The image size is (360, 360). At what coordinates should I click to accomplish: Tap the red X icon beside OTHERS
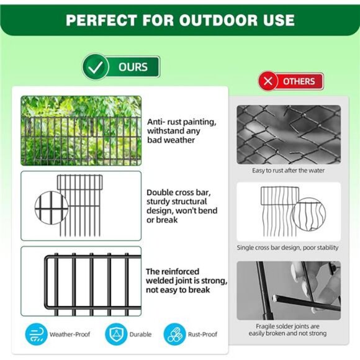[268, 81]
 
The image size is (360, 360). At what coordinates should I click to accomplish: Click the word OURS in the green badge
[133, 67]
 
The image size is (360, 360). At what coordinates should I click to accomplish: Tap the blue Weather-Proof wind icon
[36, 334]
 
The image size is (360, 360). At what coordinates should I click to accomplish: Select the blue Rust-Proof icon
[175, 334]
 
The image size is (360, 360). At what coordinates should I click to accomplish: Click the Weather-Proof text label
[69, 335]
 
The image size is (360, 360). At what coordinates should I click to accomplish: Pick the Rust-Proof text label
[202, 335]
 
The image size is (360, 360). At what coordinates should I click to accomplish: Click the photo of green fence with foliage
[81, 130]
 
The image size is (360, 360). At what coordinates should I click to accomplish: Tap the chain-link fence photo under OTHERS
[289, 133]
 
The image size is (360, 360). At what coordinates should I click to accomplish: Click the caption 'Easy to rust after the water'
[288, 170]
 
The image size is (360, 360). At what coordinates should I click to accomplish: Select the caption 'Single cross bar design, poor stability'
[288, 248]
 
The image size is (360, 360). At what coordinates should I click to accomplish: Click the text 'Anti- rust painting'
[181, 122]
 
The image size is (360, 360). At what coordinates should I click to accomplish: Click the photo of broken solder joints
[289, 290]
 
